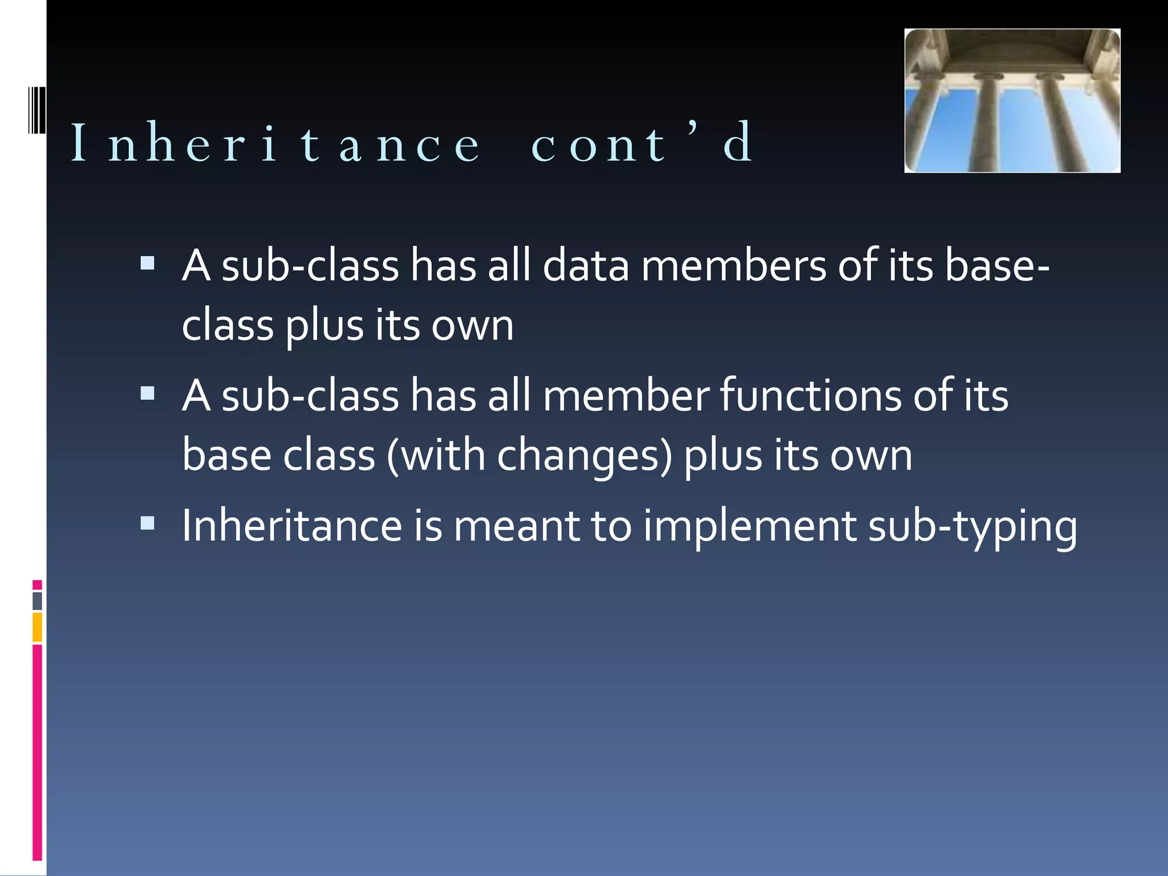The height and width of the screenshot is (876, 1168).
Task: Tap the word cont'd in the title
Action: (x=642, y=143)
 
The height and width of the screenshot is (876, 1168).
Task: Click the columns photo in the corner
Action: (x=1012, y=101)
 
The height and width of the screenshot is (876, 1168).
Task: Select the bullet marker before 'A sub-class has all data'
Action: (x=148, y=263)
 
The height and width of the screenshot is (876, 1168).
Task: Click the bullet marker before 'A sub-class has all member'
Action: (x=148, y=393)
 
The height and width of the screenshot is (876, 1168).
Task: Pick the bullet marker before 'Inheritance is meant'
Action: (x=148, y=522)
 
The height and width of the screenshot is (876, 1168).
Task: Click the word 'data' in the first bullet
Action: (x=585, y=266)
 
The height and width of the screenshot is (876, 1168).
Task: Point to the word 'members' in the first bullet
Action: (x=733, y=266)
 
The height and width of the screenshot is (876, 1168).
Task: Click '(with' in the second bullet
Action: (x=436, y=456)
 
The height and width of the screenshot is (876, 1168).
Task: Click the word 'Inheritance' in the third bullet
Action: (x=292, y=526)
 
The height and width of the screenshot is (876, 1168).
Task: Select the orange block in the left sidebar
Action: (x=38, y=627)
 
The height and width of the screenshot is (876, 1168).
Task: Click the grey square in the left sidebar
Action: (x=38, y=601)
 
